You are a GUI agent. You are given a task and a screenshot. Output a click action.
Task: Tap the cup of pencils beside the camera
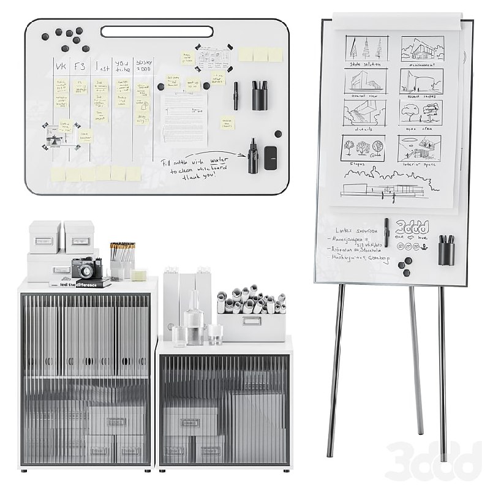pyautogui.click(x=121, y=260)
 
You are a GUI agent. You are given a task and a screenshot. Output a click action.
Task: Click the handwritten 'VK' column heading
pyautogui.click(x=61, y=66)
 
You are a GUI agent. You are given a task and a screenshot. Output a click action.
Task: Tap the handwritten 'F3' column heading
pyautogui.click(x=80, y=66)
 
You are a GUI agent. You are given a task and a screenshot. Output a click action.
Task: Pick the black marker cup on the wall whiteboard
pyautogui.click(x=260, y=95)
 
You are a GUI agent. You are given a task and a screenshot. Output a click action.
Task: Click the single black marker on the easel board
pyautogui.click(x=386, y=232)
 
